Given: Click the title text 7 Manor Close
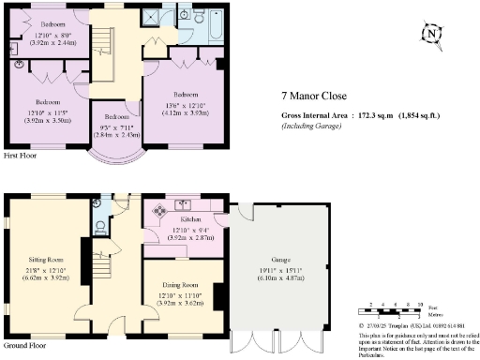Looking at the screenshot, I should (x=313, y=95).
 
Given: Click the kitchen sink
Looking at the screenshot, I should (x=186, y=203).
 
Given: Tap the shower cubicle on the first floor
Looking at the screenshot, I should (x=151, y=16).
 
